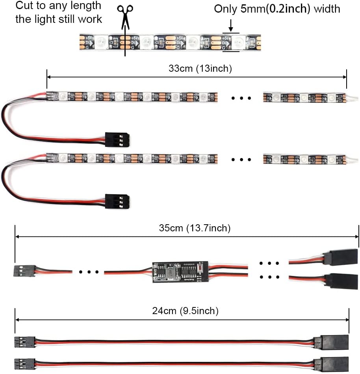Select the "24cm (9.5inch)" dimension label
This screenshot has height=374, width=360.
tap(186, 311)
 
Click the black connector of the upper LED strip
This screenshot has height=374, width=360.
tap(117, 140)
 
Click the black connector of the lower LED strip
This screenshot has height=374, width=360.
tap(117, 201)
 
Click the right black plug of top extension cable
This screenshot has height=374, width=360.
tap(335, 341)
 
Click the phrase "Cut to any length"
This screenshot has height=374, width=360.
tap(58, 6)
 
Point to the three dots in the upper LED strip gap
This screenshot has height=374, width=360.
tap(241, 98)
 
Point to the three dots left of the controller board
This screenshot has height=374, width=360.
tap(88, 272)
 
